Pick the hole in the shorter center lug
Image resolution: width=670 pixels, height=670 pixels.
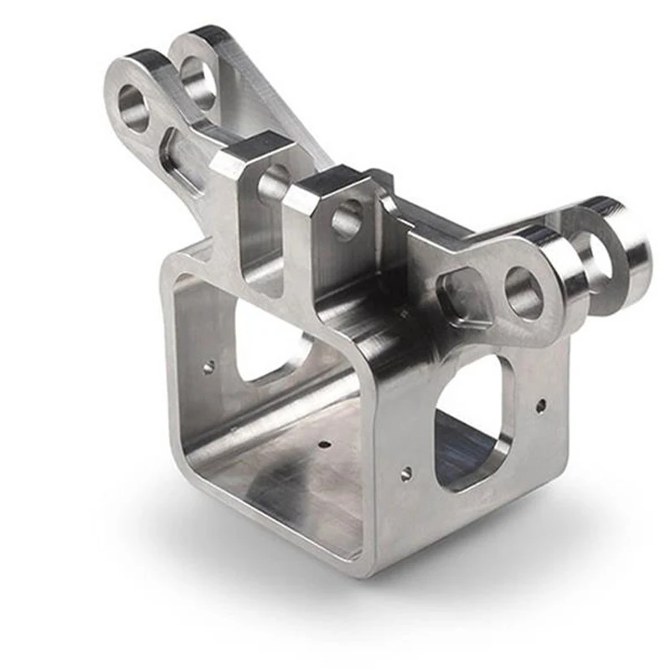click(346, 221)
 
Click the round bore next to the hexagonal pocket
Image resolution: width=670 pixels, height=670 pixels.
click(524, 294)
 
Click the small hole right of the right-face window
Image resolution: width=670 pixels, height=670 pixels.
click(542, 405)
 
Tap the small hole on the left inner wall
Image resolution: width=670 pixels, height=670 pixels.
click(209, 366)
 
